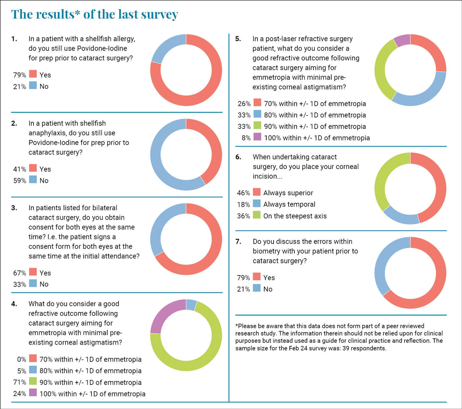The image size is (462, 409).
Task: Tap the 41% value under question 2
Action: point(19,169)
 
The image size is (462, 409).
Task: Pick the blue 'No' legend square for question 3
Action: point(33,283)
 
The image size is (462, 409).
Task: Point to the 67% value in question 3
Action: point(19,273)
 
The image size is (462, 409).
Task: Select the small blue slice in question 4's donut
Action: point(191,305)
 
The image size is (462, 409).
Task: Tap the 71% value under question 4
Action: point(19,382)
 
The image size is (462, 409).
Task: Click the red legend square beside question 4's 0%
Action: point(33,359)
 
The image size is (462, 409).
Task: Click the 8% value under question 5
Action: point(246,138)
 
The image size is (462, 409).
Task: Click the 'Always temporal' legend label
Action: point(289,204)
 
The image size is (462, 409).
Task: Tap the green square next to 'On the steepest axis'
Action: point(257,215)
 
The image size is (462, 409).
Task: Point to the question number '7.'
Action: point(238,242)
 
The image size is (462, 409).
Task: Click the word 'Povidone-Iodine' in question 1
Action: point(102,48)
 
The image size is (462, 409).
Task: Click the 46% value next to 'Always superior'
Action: point(243,193)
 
